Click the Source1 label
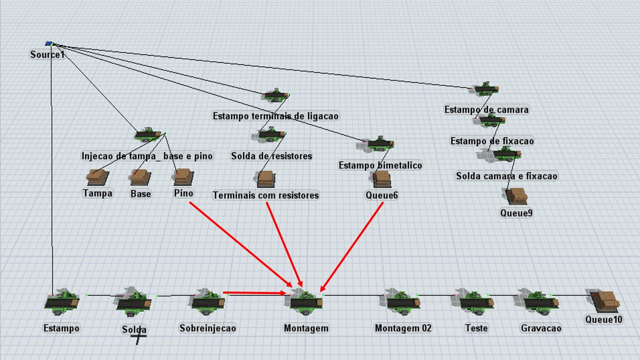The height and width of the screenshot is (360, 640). [x=47, y=54]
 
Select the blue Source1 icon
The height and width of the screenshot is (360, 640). [x=48, y=43]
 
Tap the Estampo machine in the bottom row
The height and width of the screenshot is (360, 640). [x=61, y=301]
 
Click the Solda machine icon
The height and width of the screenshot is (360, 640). [x=134, y=302]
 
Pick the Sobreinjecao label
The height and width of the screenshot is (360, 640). [x=207, y=328]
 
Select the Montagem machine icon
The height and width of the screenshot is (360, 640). [x=306, y=302]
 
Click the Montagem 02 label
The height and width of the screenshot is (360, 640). [x=403, y=328]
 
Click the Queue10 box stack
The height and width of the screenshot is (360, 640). [x=606, y=300]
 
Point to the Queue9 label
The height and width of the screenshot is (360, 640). [x=516, y=213]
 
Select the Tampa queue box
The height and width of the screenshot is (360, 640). [x=97, y=177]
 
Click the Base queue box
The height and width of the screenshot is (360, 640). [x=140, y=176]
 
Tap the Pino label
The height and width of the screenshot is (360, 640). [x=183, y=193]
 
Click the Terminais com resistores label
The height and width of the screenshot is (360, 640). [x=265, y=195]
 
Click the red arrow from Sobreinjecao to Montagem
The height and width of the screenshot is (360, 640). [x=255, y=292]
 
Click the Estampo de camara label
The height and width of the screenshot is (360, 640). [x=486, y=109]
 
